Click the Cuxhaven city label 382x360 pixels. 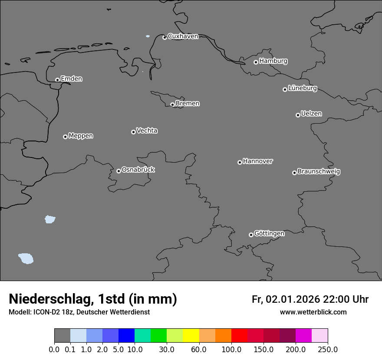point(183,36)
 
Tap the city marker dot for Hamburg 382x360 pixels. point(256,62)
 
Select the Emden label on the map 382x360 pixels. point(71,79)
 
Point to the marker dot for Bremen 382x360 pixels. point(172,105)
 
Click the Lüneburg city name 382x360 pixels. point(303,88)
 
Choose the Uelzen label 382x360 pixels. point(311,114)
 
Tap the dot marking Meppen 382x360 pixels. point(65,137)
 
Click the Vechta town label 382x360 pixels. point(147,131)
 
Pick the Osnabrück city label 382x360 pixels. point(138,170)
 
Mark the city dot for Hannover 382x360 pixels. point(240,162)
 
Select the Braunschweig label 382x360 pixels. point(319,171)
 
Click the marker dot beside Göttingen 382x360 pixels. point(251,235)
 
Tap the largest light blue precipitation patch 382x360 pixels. point(26,259)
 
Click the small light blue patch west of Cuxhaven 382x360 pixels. point(148,36)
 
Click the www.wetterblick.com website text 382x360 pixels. point(313,312)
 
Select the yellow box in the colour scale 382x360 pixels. point(191,336)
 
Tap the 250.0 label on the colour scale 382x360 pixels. point(328,350)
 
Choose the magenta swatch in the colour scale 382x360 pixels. point(303,336)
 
